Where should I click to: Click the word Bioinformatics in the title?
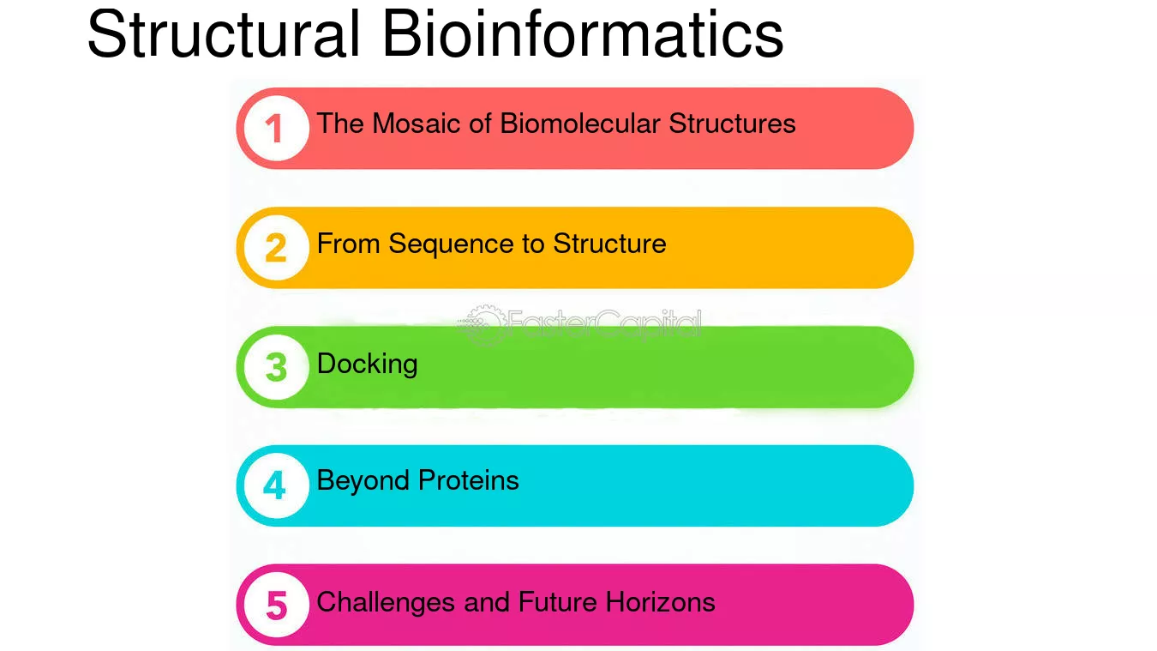tap(583, 34)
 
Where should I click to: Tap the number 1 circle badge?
tap(276, 129)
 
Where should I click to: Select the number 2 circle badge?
tap(276, 248)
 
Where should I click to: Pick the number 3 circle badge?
tap(276, 367)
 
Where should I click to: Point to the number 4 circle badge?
tap(276, 486)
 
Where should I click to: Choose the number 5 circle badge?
tap(276, 605)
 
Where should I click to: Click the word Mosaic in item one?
tap(417, 124)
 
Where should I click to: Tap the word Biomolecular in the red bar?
tap(580, 124)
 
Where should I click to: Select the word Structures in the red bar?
tap(733, 124)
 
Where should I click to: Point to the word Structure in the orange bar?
tap(609, 244)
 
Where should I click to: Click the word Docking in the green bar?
tap(368, 365)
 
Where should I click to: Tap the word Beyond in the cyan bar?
tap(363, 481)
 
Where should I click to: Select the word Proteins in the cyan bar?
tap(469, 480)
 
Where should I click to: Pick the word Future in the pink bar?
tap(557, 602)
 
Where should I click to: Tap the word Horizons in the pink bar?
tap(660, 602)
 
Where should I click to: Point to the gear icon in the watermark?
tap(483, 325)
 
